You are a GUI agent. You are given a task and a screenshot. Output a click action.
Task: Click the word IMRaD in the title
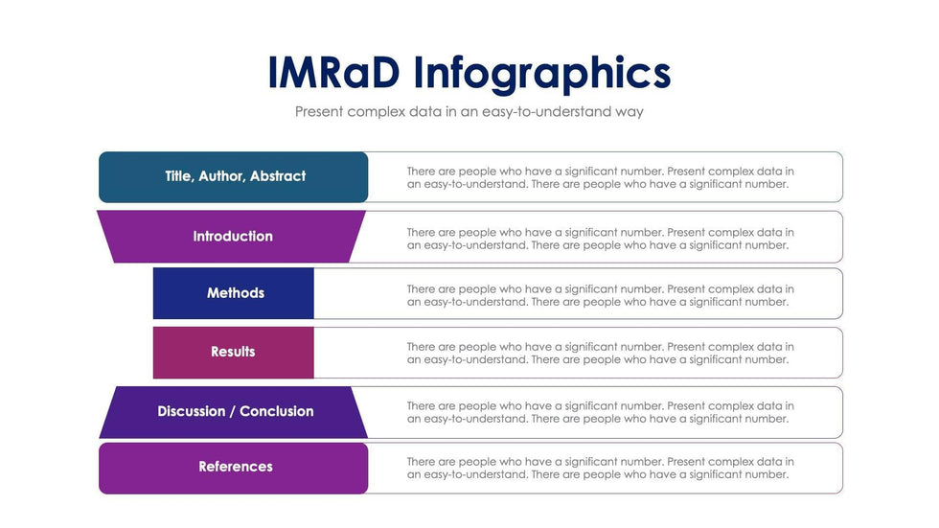(x=333, y=73)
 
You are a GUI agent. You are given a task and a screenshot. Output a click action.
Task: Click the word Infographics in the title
(x=542, y=74)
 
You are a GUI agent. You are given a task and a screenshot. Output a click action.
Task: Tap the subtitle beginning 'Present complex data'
(x=469, y=112)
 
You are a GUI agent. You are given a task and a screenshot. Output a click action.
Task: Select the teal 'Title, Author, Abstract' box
(x=234, y=176)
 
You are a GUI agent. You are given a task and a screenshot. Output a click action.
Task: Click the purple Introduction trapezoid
(x=231, y=237)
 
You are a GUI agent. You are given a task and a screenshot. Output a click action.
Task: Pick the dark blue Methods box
(x=234, y=293)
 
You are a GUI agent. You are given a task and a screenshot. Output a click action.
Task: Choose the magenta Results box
(x=234, y=352)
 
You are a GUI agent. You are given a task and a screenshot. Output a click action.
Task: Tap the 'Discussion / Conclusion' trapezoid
(x=234, y=412)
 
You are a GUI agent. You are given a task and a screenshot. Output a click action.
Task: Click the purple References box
(x=234, y=469)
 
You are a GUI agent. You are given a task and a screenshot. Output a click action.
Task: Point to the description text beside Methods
(x=601, y=295)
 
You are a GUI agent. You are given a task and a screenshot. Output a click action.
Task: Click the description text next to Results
(x=601, y=354)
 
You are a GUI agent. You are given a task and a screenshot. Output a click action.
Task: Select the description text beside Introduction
(x=601, y=239)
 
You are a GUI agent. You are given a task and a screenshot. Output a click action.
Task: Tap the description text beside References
(x=601, y=469)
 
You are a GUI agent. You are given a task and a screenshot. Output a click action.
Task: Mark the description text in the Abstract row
(x=601, y=177)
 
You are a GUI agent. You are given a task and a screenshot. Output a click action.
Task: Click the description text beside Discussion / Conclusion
(x=601, y=412)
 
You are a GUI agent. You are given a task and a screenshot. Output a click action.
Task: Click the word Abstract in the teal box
(x=278, y=176)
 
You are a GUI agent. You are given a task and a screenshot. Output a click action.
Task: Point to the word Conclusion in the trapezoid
(x=277, y=411)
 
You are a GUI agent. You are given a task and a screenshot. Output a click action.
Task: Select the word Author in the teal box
(x=221, y=176)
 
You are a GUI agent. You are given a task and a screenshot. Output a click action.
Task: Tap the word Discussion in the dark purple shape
(x=192, y=411)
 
